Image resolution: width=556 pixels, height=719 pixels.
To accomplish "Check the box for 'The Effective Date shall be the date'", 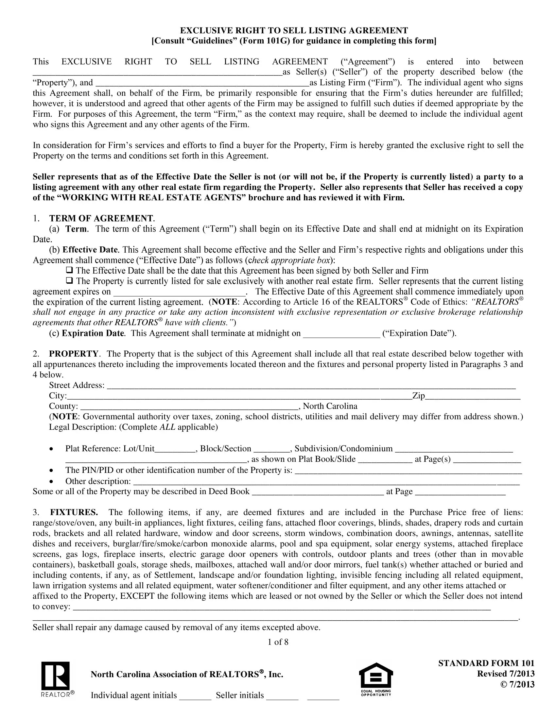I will [69, 270].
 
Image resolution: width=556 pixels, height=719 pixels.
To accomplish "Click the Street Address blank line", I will [311, 386].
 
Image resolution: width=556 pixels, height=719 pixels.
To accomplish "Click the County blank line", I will [189, 407].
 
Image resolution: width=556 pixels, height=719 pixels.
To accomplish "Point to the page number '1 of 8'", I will [278, 642].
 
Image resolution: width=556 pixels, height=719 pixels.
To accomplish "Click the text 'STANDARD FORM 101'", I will [486, 663].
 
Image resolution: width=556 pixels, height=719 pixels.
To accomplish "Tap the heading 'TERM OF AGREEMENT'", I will [101, 219].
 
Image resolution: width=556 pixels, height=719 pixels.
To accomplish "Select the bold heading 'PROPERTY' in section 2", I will [74, 354].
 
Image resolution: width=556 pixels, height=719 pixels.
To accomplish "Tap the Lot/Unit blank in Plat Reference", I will [175, 450].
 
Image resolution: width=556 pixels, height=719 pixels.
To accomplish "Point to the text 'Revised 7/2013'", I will [506, 674].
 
